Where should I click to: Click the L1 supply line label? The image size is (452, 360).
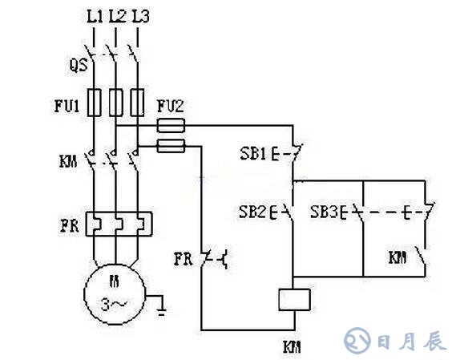(95, 17)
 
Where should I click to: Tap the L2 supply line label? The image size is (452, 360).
(117, 17)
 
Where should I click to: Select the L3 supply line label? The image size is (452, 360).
(140, 17)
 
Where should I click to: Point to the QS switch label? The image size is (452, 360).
(79, 65)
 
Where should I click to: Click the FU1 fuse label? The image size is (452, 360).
(67, 106)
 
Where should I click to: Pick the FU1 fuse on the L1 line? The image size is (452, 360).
(94, 103)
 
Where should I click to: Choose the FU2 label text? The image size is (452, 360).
(170, 106)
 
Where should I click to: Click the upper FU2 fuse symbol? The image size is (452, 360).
(171, 126)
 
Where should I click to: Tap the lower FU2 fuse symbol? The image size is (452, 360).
(171, 146)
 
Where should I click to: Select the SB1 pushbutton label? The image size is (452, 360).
(253, 154)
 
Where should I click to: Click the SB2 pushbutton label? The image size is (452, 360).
(252, 212)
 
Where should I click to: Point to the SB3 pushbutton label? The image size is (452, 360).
(324, 212)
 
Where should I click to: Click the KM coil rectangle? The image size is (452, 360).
(294, 300)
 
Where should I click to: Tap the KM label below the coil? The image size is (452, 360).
(292, 347)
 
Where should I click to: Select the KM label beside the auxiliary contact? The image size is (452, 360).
(398, 257)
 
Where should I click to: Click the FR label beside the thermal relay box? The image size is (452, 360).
(70, 225)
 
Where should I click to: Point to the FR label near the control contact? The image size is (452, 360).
(183, 258)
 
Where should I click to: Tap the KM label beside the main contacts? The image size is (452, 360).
(68, 161)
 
